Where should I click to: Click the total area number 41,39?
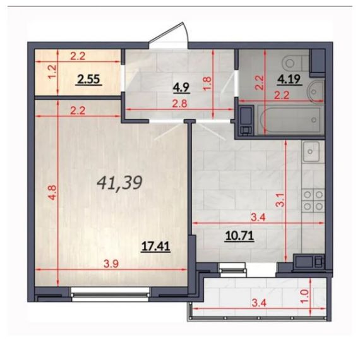tap(119, 183)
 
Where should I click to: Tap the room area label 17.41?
tap(156, 246)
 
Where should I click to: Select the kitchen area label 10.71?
tap(240, 236)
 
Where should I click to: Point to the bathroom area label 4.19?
tap(289, 80)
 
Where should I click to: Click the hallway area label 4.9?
tap(181, 88)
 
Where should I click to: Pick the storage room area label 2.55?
tap(88, 80)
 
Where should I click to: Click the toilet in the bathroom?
tap(295, 63)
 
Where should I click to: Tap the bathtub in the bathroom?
tap(289, 119)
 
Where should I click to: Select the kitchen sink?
tap(311, 152)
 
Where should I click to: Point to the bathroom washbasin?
tap(315, 92)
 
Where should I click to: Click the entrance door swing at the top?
tap(171, 35)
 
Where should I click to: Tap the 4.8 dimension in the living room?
tap(52, 193)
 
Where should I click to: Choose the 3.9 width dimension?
tap(111, 264)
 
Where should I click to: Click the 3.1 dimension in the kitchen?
tap(280, 200)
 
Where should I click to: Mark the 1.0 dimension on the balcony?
tap(304, 296)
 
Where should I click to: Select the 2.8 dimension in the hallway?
tap(180, 104)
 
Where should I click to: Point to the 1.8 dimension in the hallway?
tap(207, 83)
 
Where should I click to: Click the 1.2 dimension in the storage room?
tap(52, 72)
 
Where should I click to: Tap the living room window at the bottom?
tap(111, 294)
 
